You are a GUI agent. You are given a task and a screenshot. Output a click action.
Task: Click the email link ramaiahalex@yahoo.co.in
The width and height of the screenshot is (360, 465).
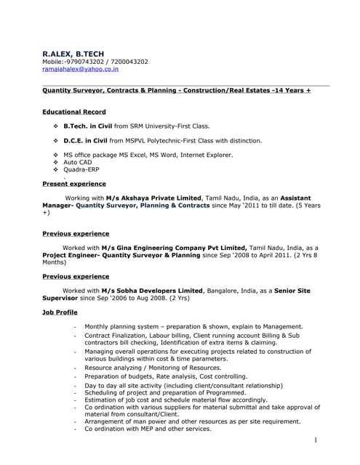click(80, 70)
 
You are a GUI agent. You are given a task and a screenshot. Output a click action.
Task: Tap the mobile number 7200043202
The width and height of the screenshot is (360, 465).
click(126, 62)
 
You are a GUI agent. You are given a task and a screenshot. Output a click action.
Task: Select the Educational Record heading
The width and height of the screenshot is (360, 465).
click(73, 112)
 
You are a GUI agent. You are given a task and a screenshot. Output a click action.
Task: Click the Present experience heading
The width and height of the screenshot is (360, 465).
click(73, 184)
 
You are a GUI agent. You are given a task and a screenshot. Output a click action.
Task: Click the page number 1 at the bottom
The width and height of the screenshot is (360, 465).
click(316, 440)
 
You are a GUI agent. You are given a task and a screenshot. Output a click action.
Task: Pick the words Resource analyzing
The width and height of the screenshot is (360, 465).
click(113, 369)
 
